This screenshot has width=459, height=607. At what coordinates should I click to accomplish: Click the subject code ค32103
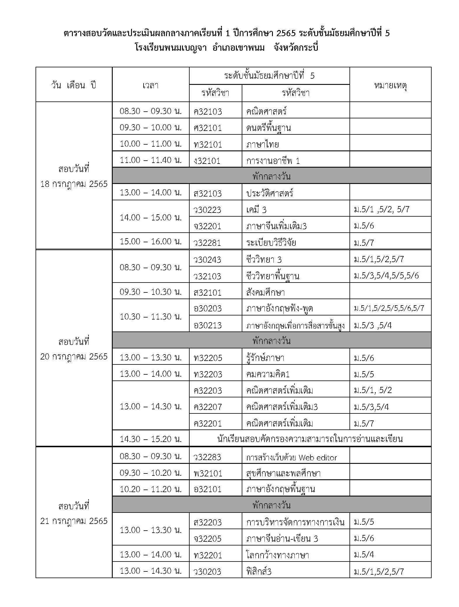tap(208, 111)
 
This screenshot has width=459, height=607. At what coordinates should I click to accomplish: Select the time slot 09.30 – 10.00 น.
tap(151, 127)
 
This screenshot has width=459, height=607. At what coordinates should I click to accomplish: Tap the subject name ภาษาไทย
tap(262, 144)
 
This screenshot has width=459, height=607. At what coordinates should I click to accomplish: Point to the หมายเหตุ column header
tap(390, 85)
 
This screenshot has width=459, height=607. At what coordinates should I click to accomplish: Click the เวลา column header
tap(150, 85)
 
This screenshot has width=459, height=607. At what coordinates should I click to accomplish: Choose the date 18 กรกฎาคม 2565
tap(74, 184)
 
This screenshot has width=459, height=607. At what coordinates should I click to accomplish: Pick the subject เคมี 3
tap(256, 210)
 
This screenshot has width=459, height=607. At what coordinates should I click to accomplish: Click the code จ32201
tap(207, 226)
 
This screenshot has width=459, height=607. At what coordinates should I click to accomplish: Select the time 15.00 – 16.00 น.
tap(151, 241)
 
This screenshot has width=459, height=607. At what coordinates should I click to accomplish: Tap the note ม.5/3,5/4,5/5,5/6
tap(386, 276)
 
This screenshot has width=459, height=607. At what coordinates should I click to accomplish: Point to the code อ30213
tap(207, 325)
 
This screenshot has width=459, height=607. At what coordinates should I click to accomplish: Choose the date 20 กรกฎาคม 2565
tap(74, 356)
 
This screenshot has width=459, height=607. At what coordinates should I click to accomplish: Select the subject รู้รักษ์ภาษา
tap(265, 358)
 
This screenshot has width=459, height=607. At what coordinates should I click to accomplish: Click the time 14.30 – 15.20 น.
tap(151, 439)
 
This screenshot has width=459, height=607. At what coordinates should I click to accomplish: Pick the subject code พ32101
tap(208, 473)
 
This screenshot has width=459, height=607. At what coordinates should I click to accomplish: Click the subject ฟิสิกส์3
tap(259, 571)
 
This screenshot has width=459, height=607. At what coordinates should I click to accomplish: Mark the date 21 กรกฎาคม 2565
tap(74, 521)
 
